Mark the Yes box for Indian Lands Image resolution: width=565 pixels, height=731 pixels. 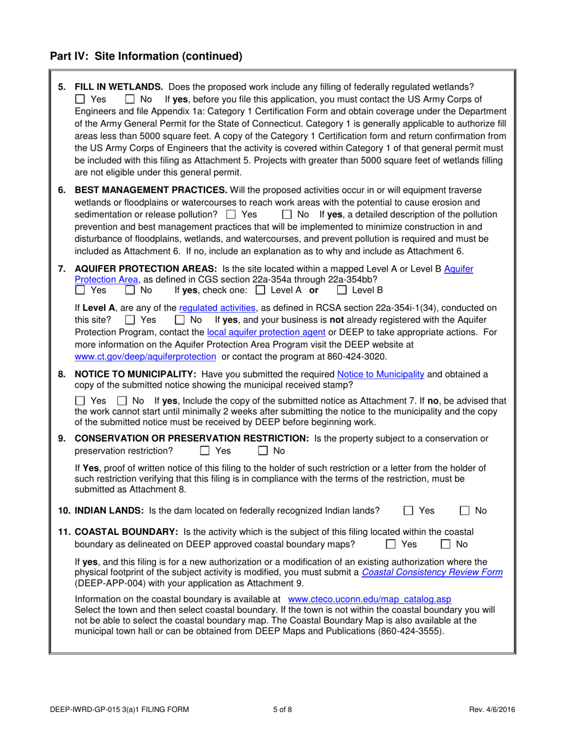pyautogui.click(x=409, y=510)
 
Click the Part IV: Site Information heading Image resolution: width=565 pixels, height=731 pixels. pyautogui.click(x=146, y=56)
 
